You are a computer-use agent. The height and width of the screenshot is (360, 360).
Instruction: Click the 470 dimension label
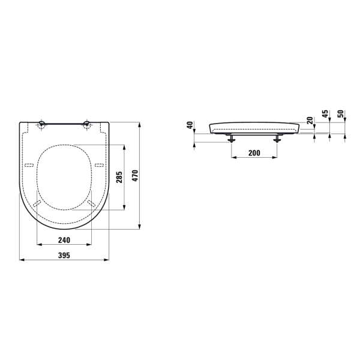tap(136, 176)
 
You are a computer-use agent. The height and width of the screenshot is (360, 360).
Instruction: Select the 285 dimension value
tap(119, 177)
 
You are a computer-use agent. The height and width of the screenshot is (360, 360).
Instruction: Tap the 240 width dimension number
tap(64, 240)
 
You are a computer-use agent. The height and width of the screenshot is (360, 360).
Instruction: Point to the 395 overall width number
tap(64, 256)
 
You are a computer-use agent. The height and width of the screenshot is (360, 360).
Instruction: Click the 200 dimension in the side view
tap(254, 153)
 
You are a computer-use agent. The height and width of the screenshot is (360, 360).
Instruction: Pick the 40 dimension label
tap(190, 125)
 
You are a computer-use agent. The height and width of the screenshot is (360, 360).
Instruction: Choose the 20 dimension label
tap(310, 121)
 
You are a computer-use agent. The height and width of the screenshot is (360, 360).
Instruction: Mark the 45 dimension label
tap(325, 114)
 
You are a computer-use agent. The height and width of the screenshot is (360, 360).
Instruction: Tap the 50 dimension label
tap(341, 114)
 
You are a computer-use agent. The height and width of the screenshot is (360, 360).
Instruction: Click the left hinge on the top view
tap(41, 124)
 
